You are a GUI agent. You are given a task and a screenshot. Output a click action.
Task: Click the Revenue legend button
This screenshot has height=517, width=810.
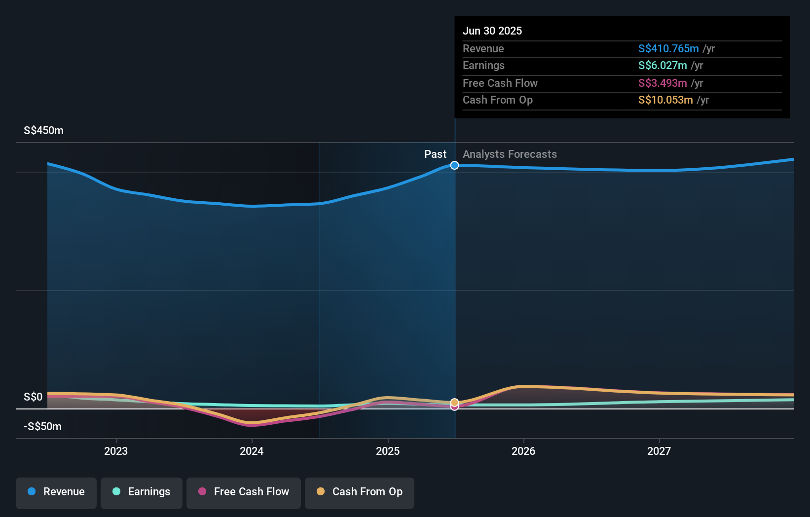[x=56, y=492]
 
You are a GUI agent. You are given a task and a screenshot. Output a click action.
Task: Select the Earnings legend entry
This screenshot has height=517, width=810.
[x=142, y=492]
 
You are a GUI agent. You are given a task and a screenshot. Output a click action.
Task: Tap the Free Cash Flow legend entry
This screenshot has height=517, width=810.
[x=244, y=492]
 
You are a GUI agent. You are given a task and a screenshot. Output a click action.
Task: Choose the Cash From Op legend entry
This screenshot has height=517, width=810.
[x=360, y=492]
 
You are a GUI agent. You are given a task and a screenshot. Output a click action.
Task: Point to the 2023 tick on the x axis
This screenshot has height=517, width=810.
[x=116, y=451]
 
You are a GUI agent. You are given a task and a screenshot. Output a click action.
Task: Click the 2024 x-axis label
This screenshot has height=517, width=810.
[x=252, y=451]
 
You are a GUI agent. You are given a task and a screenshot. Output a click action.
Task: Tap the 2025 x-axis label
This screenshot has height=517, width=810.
[x=388, y=451]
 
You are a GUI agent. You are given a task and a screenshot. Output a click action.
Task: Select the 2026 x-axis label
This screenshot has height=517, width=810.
[x=523, y=451]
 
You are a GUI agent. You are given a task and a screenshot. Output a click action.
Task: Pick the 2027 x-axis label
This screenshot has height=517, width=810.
[x=659, y=451]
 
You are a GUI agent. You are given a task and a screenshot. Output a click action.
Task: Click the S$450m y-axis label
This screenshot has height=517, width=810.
[x=43, y=131]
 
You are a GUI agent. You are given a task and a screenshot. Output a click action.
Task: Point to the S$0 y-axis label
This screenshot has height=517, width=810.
[x=33, y=397]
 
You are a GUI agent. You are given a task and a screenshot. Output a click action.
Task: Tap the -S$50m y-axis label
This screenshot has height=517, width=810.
[x=42, y=427]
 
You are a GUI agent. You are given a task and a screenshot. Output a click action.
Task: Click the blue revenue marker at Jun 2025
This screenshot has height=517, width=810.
[x=454, y=165]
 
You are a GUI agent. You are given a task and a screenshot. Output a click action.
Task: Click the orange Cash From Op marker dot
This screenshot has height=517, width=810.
[x=454, y=403]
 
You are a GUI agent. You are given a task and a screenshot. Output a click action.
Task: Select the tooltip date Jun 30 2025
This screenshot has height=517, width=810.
[x=492, y=31]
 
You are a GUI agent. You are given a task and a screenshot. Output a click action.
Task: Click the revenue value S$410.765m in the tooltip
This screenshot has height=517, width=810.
[x=668, y=48]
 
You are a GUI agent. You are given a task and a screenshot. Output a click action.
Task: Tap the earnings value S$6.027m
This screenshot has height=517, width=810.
[x=662, y=65]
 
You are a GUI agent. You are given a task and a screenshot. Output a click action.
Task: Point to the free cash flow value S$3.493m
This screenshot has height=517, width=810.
[x=662, y=83]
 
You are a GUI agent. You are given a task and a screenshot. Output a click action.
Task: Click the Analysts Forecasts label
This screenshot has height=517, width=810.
[x=510, y=154]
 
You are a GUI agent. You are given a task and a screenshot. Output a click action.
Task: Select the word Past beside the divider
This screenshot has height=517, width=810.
[x=435, y=154]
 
